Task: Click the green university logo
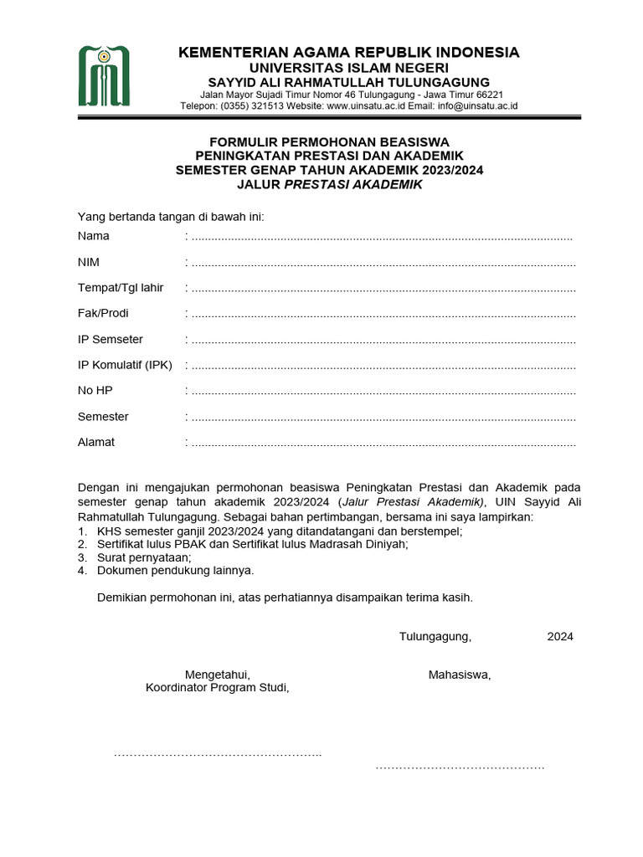point(105,77)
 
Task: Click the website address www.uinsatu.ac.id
point(365,106)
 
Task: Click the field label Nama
point(94,236)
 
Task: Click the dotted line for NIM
point(383,263)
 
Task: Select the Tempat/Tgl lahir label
point(121,288)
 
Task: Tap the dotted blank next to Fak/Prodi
point(383,315)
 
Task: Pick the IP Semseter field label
point(111,340)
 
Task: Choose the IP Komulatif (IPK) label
point(126,366)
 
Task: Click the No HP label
point(95,391)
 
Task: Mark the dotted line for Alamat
point(383,444)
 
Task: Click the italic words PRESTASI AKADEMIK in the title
point(353,184)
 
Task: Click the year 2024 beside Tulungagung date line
point(560,637)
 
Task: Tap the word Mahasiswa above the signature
point(460,675)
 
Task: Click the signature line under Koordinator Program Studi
point(218,755)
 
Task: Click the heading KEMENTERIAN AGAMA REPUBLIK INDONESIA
point(349,53)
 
